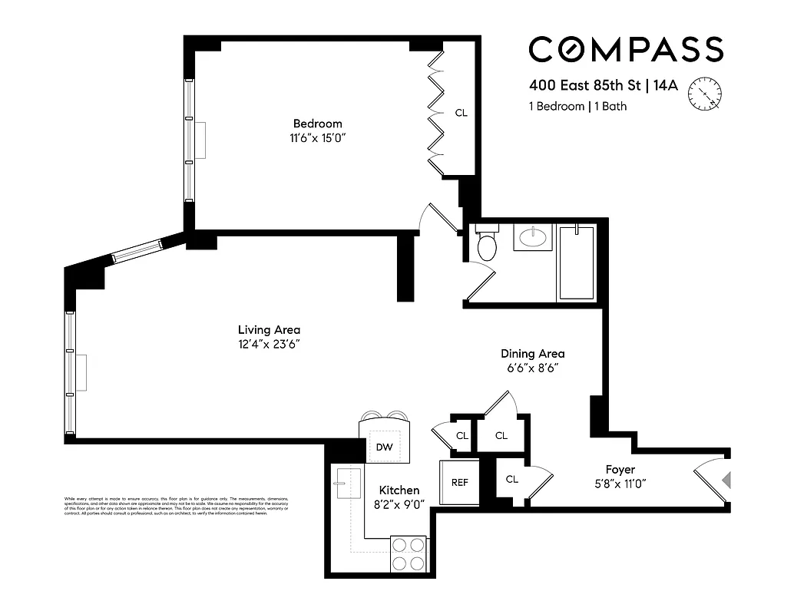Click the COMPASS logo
(x=625, y=50)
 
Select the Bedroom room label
(x=317, y=124)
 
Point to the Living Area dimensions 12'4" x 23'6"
(x=268, y=344)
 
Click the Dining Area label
(x=532, y=354)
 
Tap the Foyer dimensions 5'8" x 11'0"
(x=620, y=484)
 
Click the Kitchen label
(x=399, y=490)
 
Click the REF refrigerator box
(x=459, y=483)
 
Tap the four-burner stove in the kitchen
(x=409, y=553)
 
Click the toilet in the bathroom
(x=487, y=244)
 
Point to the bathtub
(x=576, y=262)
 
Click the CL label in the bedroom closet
(x=461, y=113)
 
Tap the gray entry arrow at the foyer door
(x=726, y=480)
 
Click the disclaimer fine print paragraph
(x=177, y=507)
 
